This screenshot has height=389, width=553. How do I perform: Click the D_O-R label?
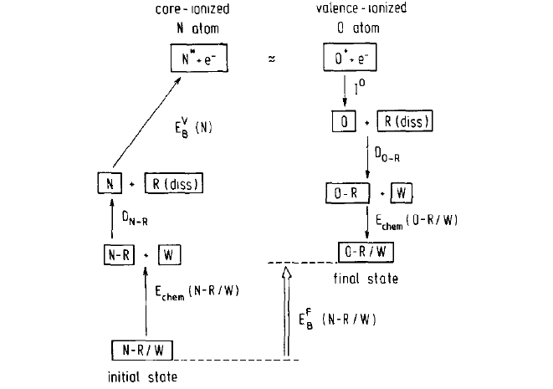[388, 155]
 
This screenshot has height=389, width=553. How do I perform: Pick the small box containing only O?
[340, 123]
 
